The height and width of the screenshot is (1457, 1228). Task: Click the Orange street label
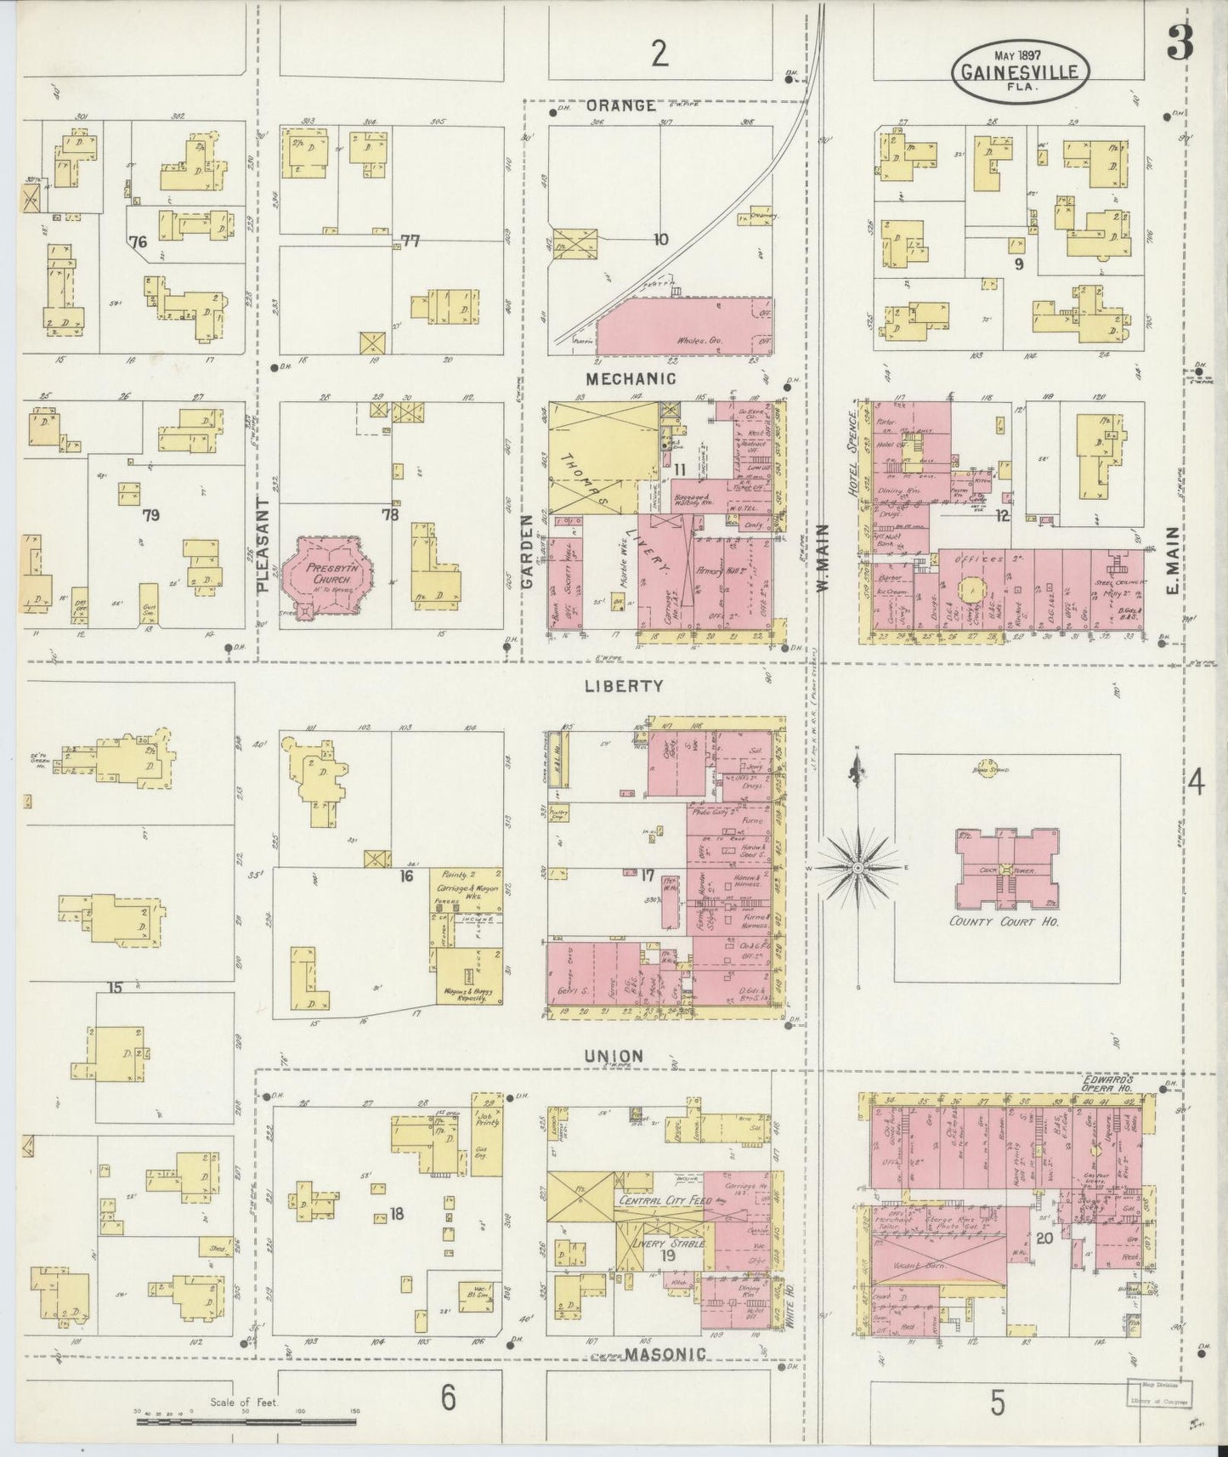click(x=621, y=105)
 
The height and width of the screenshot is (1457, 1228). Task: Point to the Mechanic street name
click(x=631, y=378)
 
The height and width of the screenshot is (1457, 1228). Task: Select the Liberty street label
click(x=623, y=685)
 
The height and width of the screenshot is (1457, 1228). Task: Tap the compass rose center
click(x=857, y=868)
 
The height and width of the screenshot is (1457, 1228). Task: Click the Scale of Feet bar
click(x=246, y=1420)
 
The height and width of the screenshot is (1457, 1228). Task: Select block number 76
click(x=138, y=242)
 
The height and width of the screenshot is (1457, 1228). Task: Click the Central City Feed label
click(x=659, y=1202)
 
